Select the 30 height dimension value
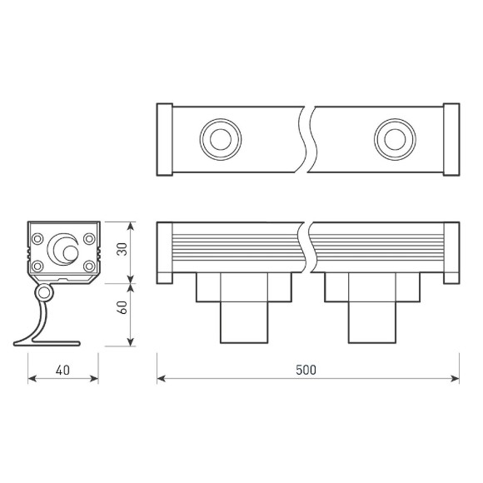(x=122, y=251)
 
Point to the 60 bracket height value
(x=122, y=306)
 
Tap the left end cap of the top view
(x=165, y=139)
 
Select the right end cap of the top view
(x=451, y=139)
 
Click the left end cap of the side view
(x=165, y=252)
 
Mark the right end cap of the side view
(x=451, y=252)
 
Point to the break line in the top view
(x=307, y=139)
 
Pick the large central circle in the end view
(x=62, y=247)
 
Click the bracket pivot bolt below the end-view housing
(x=43, y=293)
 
